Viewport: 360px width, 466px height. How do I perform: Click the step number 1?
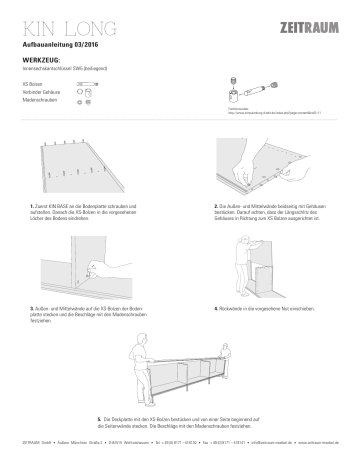point(33,205)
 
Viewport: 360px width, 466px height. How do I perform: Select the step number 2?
point(216,205)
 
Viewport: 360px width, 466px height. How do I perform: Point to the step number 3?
point(33,309)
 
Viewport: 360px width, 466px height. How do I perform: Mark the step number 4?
point(216,309)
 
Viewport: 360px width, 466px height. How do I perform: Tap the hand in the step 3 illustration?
point(92,266)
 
